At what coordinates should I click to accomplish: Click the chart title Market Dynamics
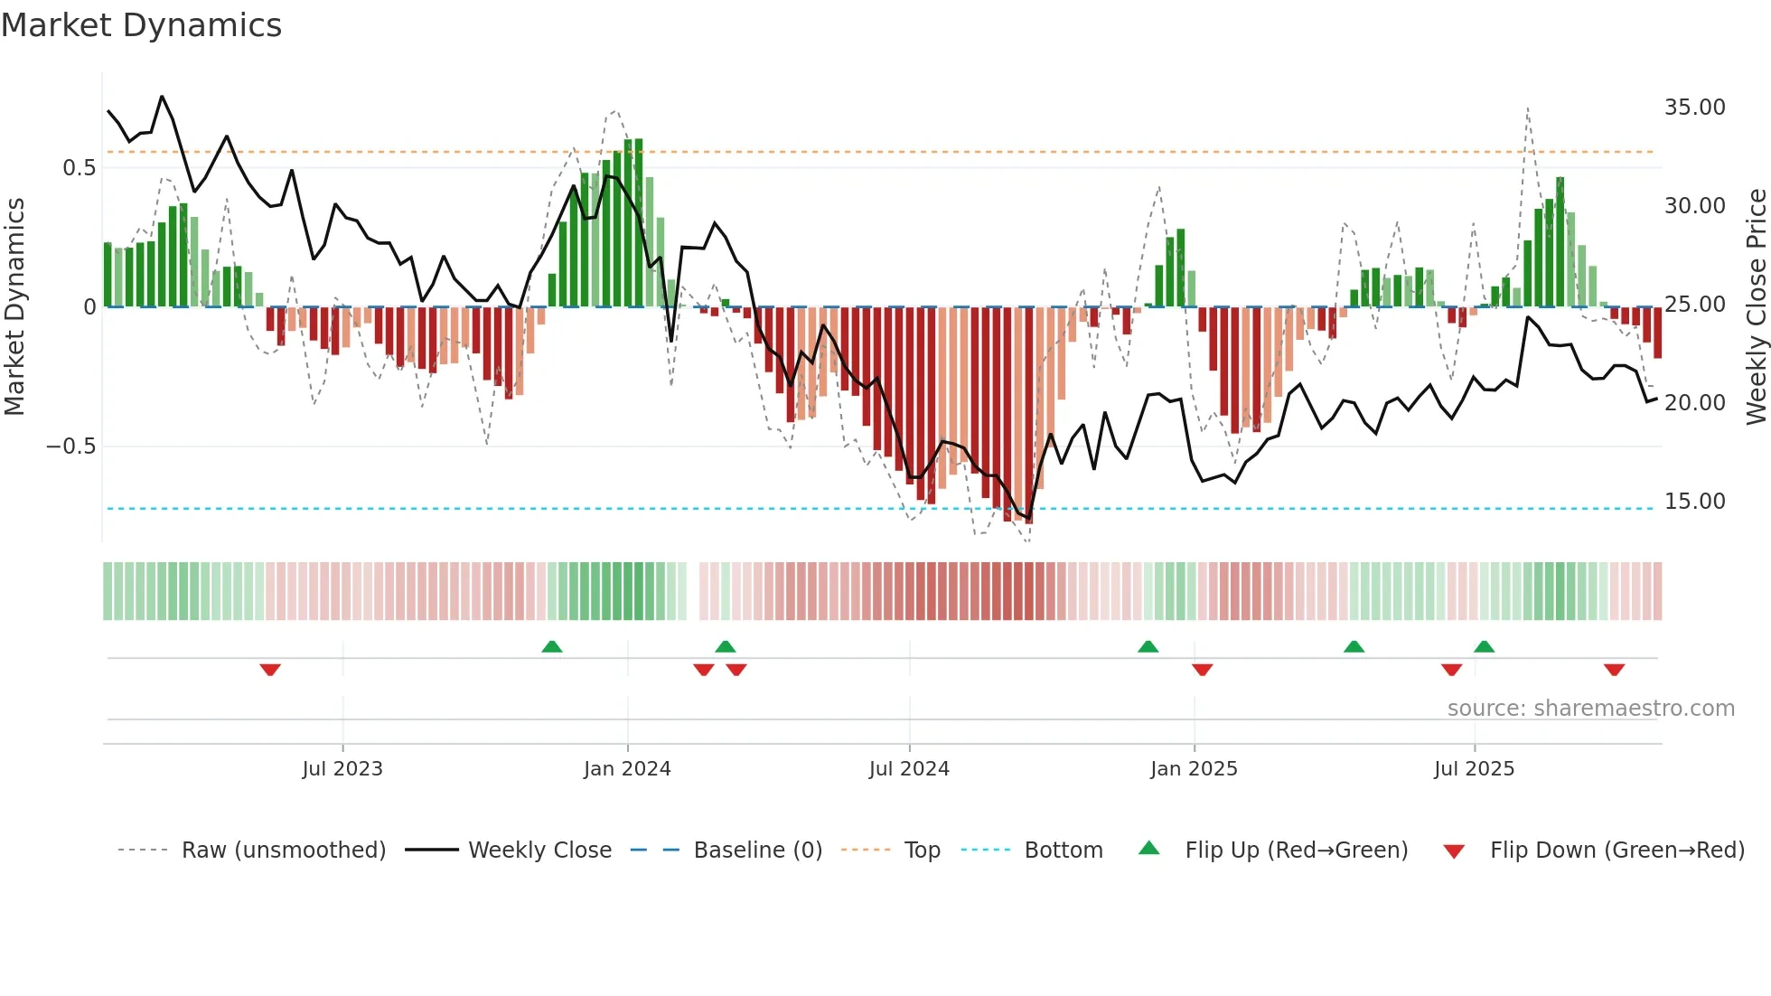click(142, 25)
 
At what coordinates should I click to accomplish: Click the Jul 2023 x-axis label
click(342, 769)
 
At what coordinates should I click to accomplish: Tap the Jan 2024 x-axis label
click(627, 769)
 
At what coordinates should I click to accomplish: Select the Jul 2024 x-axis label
click(909, 769)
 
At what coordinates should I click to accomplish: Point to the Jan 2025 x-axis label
click(1194, 769)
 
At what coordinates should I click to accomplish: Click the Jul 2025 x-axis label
click(1474, 769)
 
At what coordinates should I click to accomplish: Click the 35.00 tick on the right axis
click(1694, 108)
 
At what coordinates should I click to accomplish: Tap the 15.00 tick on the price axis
click(1694, 502)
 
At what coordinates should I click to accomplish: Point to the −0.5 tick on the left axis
click(70, 446)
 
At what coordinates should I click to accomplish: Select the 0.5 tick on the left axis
click(79, 168)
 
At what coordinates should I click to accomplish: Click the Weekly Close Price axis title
click(1756, 307)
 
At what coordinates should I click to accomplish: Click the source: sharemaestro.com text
click(1590, 709)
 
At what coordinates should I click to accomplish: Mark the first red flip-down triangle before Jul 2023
click(270, 670)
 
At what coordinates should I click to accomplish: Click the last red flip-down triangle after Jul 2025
click(1615, 670)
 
